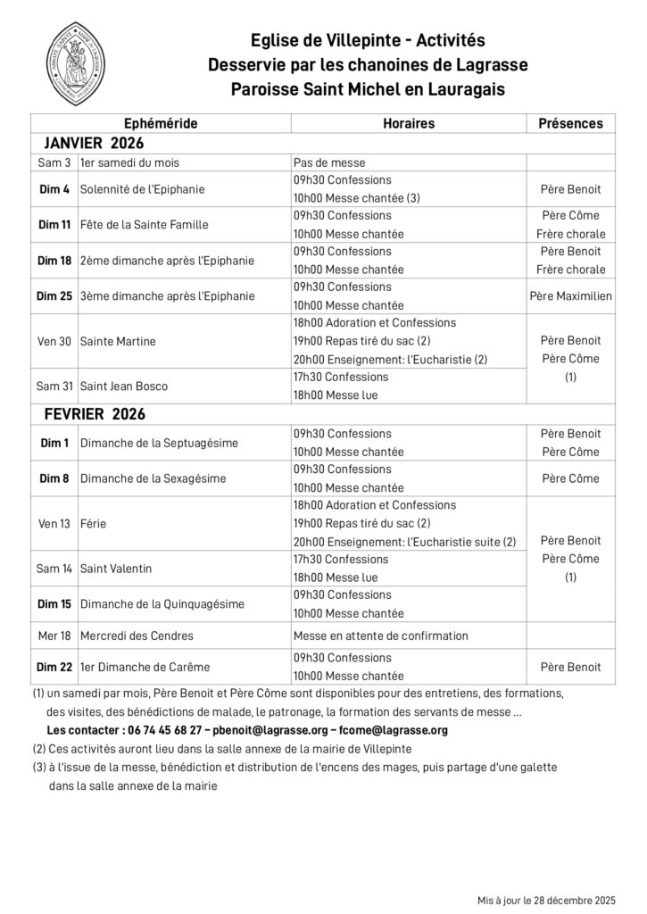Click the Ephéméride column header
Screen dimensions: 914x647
tap(161, 124)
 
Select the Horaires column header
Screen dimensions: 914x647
tap(408, 124)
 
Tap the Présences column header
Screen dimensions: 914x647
tap(570, 124)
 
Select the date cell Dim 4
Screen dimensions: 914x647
tap(54, 189)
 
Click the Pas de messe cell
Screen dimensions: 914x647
tap(329, 162)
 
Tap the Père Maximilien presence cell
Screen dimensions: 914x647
tap(570, 296)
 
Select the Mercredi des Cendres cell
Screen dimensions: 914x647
tap(137, 636)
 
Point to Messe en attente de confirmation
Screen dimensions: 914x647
tap(380, 636)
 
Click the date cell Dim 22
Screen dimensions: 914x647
tap(54, 668)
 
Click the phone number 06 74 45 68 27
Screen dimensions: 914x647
tap(161, 730)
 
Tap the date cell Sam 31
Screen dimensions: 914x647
tap(54, 386)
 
